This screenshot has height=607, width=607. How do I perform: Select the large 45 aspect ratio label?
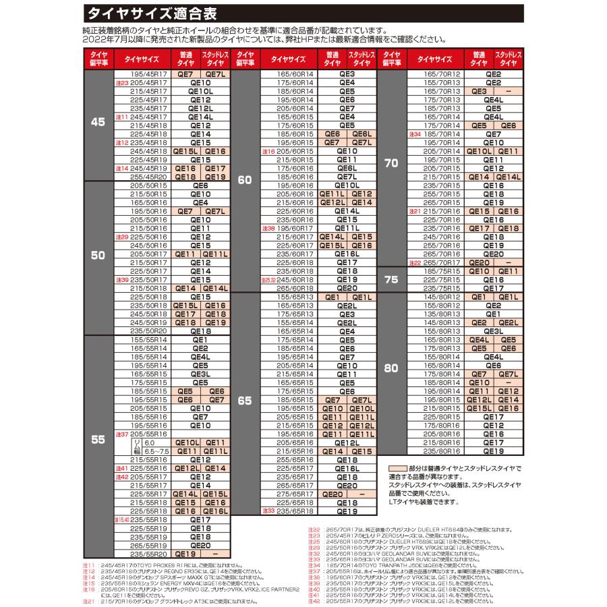(x=98, y=123)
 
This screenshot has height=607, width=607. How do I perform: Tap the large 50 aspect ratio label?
(x=98, y=256)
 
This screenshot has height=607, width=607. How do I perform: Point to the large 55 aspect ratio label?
(x=98, y=440)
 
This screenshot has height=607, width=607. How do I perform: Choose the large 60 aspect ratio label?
(x=244, y=180)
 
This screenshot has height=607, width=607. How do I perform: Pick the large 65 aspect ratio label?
(x=244, y=401)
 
